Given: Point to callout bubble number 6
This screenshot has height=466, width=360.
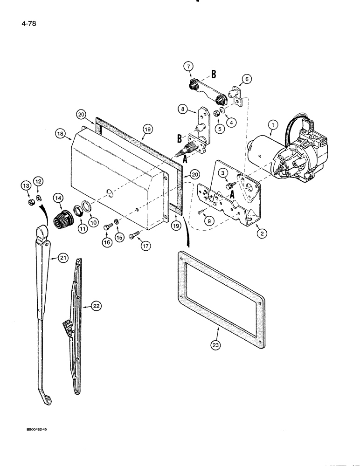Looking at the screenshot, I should [246, 79].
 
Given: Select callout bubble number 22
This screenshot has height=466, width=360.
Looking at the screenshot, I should [96, 306].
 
